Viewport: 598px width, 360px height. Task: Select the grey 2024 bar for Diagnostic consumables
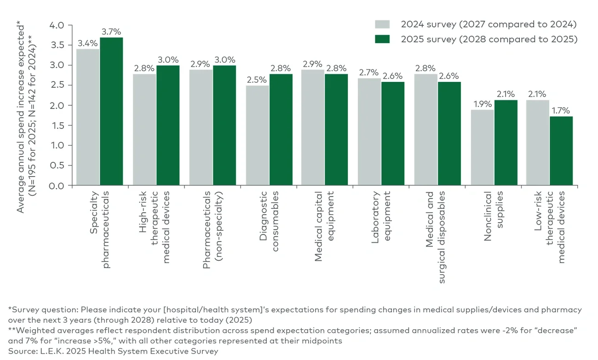click(x=258, y=136)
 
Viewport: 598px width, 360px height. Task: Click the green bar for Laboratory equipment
click(x=393, y=134)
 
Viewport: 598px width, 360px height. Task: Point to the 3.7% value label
click(x=111, y=32)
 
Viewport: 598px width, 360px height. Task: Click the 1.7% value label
click(x=561, y=111)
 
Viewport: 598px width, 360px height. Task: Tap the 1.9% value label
click(x=482, y=104)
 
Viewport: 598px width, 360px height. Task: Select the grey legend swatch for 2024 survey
click(x=382, y=24)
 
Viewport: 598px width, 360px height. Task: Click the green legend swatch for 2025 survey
click(x=382, y=39)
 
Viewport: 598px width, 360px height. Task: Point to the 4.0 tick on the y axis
click(x=58, y=25)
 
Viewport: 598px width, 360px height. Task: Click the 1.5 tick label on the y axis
click(x=58, y=126)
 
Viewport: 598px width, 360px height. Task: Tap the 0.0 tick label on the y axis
click(x=58, y=186)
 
